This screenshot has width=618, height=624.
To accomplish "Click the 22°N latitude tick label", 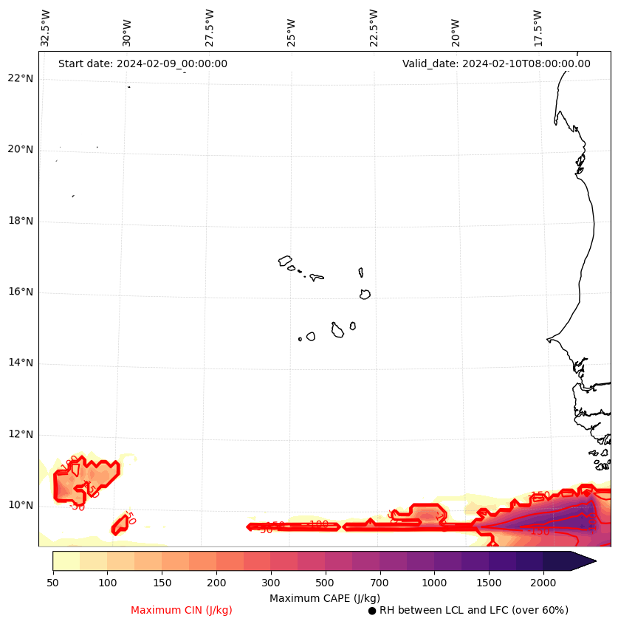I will click(20, 78).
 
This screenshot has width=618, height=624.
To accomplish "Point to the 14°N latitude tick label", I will click(20, 363).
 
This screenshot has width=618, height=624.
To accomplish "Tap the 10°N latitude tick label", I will click(20, 505).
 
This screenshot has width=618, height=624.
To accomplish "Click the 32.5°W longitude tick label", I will click(46, 28).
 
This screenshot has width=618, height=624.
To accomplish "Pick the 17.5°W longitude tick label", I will click(538, 28).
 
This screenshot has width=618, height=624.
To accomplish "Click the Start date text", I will click(143, 64).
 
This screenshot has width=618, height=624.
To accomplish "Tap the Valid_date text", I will click(496, 64).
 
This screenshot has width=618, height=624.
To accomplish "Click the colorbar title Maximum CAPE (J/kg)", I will click(325, 597).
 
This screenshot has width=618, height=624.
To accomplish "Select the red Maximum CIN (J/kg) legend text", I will click(182, 610).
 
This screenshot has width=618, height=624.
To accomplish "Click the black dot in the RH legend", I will click(372, 611).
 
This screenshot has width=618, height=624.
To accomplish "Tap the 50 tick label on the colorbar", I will click(52, 583).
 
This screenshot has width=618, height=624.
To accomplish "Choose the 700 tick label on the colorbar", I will click(379, 583).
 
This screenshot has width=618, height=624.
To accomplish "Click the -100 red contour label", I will click(318, 524).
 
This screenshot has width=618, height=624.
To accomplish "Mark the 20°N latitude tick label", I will click(20, 149).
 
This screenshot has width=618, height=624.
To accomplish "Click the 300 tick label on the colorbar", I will click(270, 583).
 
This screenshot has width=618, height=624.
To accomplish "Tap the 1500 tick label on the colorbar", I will click(488, 583).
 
